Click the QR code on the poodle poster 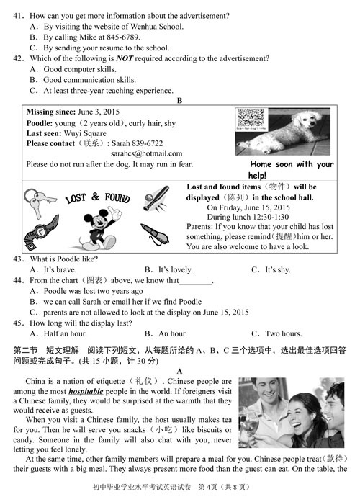[251, 118]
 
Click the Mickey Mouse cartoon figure [99, 228]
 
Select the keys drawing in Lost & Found [38, 202]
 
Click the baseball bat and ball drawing [156, 199]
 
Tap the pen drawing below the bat [155, 234]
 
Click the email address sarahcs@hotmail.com [147, 153]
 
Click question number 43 [19, 259]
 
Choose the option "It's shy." [277, 269]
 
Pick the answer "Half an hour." [65, 333]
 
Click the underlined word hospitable [86, 391]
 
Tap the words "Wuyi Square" [85, 133]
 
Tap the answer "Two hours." [284, 333]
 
